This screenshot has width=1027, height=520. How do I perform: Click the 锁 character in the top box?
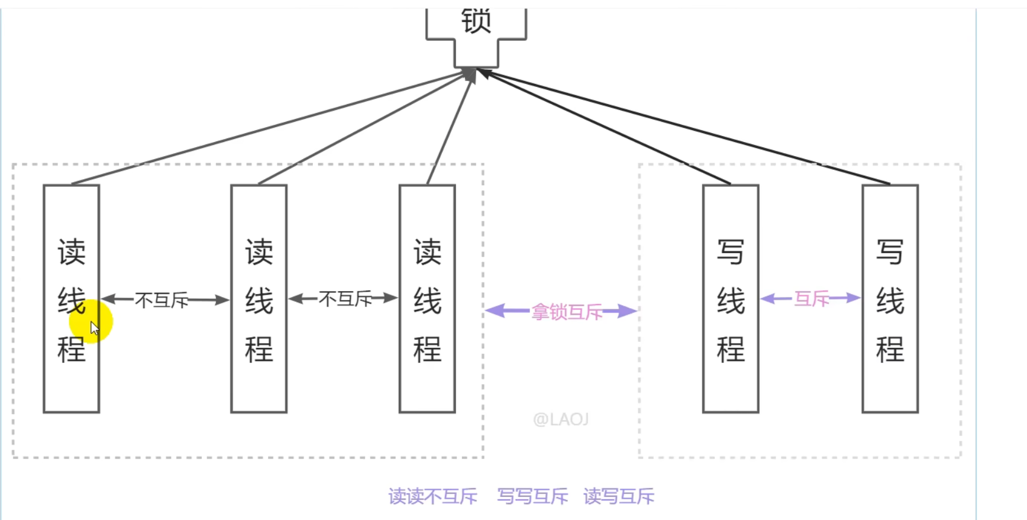476,21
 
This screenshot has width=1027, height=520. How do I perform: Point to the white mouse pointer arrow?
94,328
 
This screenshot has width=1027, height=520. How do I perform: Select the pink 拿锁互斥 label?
566,312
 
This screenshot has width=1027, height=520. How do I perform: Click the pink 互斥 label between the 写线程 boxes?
811,299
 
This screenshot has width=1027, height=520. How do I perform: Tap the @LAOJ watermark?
560,419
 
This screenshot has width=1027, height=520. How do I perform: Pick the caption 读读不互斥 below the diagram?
432,496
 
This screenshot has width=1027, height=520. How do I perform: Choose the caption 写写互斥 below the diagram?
532,496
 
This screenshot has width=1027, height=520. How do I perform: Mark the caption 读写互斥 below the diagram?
619,496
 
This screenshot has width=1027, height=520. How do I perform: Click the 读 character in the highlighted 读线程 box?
72,253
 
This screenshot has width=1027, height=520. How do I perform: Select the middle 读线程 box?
259,299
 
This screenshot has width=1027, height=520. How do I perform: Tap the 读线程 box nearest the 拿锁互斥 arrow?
427,299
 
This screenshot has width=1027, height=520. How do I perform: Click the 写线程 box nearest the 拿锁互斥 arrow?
731,299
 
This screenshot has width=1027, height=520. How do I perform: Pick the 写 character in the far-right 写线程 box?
890,253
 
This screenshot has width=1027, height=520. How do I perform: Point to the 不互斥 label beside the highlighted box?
162,301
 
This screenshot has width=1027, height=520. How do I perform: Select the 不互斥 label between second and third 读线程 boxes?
345,299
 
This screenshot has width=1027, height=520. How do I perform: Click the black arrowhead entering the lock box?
483,72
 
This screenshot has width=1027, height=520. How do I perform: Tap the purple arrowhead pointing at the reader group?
495,311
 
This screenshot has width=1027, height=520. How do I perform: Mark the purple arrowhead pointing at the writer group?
628,311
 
